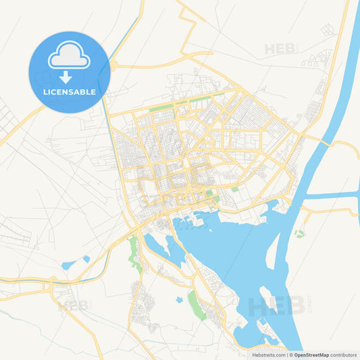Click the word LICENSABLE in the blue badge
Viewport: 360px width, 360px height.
point(69,91)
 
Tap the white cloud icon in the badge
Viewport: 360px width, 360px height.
point(69,56)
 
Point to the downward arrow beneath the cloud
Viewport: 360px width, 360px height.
point(66,76)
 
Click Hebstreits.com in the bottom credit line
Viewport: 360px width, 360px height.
point(266,355)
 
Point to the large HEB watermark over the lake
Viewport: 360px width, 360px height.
point(274,306)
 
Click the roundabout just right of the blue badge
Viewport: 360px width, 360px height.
point(113,66)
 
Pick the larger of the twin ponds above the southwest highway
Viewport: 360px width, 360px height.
point(68,265)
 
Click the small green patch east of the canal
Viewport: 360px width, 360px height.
point(299,234)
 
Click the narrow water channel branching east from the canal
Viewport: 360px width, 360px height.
point(334,196)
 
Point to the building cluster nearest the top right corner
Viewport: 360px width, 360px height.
point(327,29)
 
